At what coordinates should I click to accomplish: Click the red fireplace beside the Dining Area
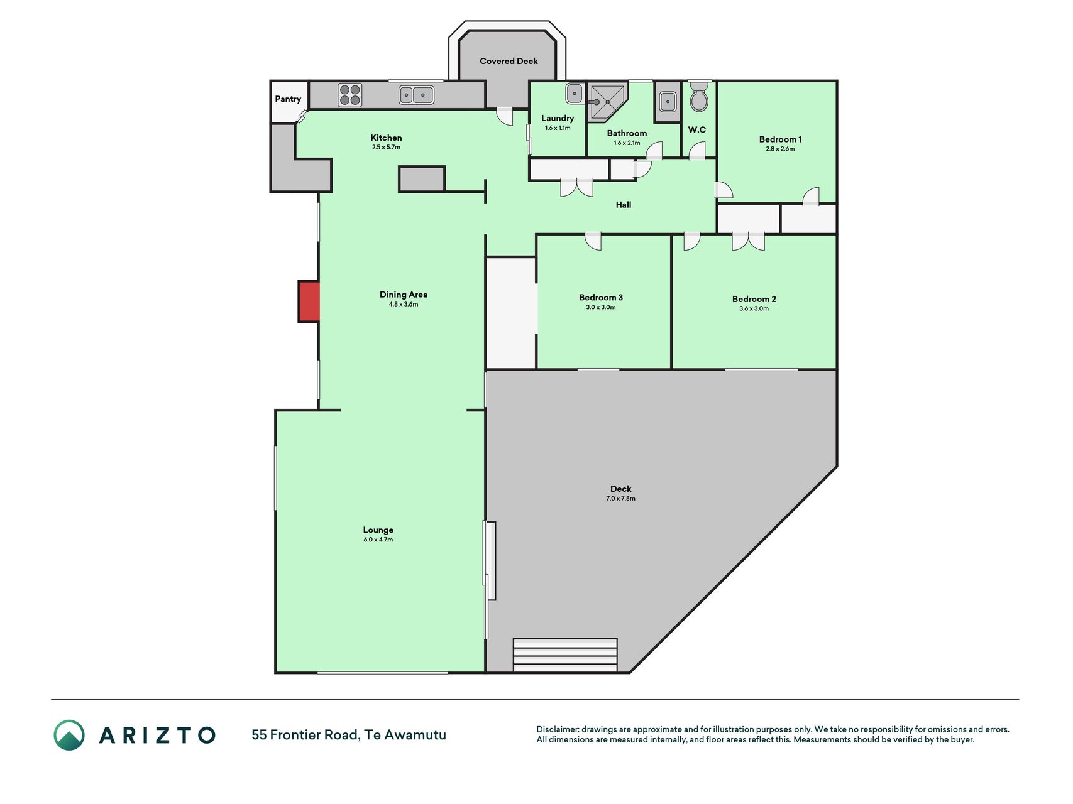pos(309,301)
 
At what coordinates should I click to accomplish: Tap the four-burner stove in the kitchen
pos(350,95)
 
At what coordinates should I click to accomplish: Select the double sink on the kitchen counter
pos(416,95)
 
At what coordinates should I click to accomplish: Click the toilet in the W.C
pos(699,97)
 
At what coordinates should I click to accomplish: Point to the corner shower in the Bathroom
pos(607,101)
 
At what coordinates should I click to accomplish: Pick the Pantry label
pos(288,99)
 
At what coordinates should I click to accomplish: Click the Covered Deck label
pos(509,61)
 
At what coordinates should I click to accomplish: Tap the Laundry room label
pos(558,118)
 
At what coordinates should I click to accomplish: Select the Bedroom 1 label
pos(780,139)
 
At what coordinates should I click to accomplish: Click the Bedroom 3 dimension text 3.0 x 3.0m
pos(601,307)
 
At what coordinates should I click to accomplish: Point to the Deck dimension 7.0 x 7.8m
pos(620,499)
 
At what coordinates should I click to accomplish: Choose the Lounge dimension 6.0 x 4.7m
pos(378,540)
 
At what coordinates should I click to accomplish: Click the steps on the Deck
pos(565,655)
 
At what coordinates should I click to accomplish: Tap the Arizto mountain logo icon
pos(69,735)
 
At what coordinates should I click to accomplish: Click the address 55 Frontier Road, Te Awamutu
pos(349,735)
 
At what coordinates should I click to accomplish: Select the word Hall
pos(624,205)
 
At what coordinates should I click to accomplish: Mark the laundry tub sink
pos(575,94)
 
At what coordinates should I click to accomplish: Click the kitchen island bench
pos(422,179)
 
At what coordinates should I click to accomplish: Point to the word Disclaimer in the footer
pos(558,729)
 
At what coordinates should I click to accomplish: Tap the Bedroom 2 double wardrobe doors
pos(748,242)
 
